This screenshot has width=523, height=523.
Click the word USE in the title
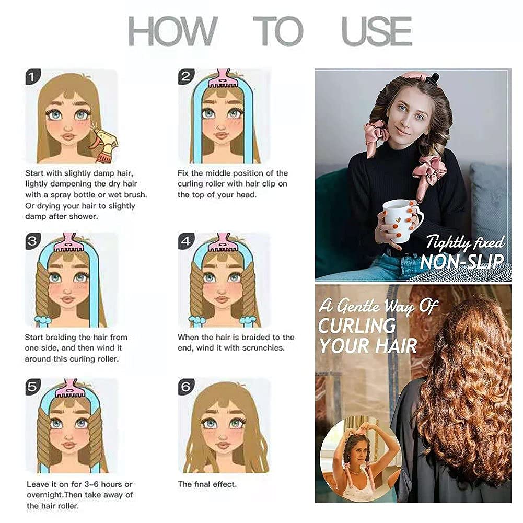tap(377, 31)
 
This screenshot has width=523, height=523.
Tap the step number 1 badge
tap(33, 77)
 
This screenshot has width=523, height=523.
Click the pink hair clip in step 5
tap(71, 388)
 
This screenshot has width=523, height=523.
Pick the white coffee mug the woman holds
tap(402, 220)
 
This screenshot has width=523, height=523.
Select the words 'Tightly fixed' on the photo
tap(466, 242)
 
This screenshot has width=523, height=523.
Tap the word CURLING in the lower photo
tap(356, 326)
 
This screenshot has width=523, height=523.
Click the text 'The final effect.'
tap(207, 484)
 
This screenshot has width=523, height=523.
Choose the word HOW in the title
tap(173, 31)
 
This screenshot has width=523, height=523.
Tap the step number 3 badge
tap(33, 241)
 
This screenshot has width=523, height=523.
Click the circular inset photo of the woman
tap(359, 461)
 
